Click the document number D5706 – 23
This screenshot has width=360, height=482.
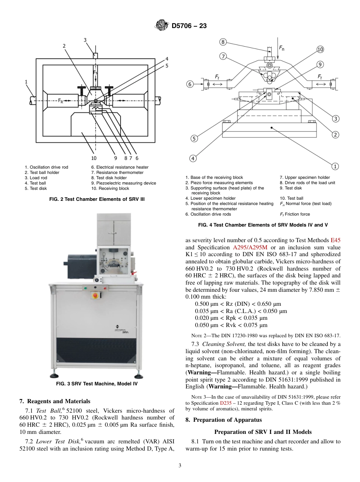tap(189, 26)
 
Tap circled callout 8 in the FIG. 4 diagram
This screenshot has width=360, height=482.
tap(223, 42)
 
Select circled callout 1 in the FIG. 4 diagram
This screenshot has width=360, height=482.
tap(335, 166)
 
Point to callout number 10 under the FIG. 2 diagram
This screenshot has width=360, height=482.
tap(94, 158)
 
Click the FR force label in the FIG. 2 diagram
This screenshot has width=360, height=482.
tap(61, 101)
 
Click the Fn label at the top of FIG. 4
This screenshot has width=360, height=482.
tap(282, 48)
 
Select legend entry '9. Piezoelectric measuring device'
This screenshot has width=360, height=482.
tap(123, 183)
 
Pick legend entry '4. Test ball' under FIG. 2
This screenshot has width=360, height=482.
tap(35, 183)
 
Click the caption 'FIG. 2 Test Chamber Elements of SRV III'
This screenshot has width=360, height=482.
tap(97, 199)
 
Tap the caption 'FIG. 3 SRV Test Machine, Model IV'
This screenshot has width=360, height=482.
tap(97, 384)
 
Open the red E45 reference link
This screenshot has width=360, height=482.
tap(335, 240)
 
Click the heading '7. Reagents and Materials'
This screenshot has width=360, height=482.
tap(55, 401)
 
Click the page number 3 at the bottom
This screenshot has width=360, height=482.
tap(180, 466)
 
